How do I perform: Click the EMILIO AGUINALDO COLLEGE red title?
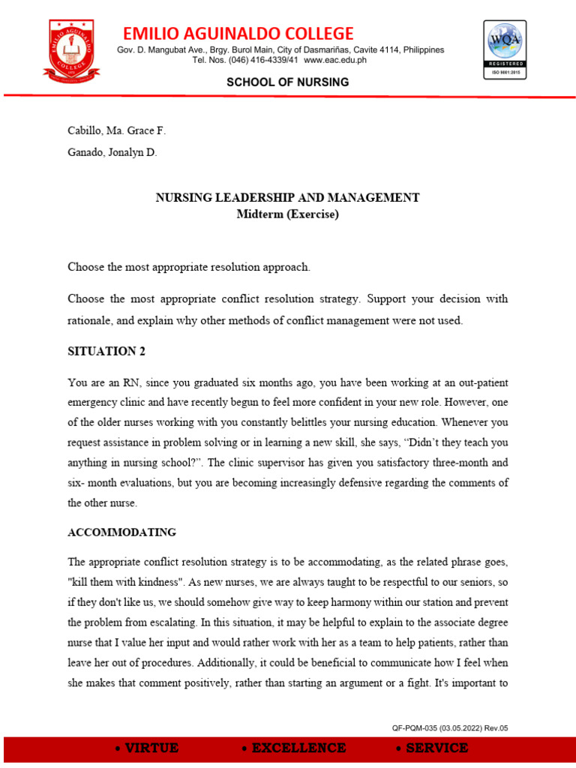pos(238,33)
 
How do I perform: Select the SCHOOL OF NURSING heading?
pos(288,82)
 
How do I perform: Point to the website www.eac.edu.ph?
pos(335,60)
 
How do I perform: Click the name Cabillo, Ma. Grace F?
pos(116,130)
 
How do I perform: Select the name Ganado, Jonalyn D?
pos(112,153)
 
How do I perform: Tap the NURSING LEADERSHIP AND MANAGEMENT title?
pos(287,198)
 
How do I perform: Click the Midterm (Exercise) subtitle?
pos(287,214)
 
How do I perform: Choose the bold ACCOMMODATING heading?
pos(121,532)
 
